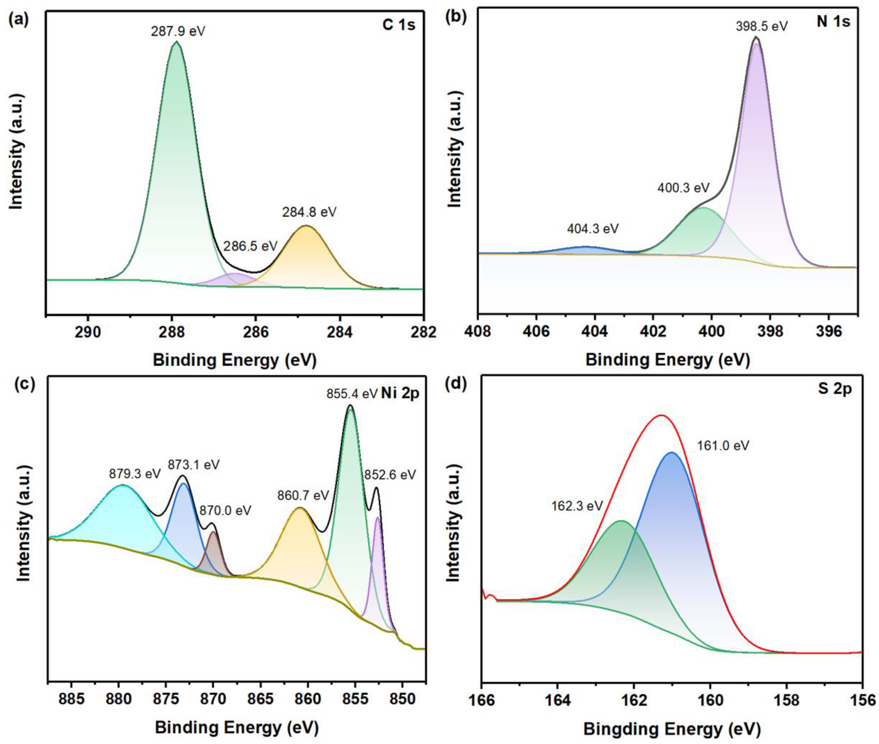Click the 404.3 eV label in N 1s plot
(593, 229)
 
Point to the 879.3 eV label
(135, 474)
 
